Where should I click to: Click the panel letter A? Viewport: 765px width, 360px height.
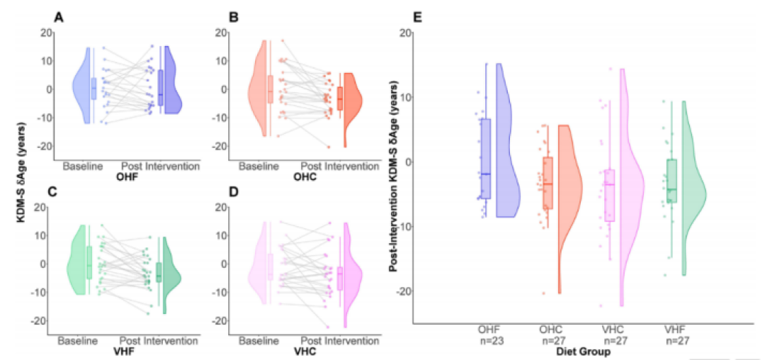coord(59,18)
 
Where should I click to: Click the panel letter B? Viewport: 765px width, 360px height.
coord(234,18)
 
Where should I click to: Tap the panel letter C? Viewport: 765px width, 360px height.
coord(59,192)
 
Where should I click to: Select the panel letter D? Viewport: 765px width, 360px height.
coord(234,192)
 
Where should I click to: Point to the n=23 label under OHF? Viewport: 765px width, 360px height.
coord(489,340)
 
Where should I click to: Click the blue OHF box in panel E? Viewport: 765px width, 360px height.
coord(485,159)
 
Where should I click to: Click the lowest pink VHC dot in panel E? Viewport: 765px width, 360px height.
coord(601,306)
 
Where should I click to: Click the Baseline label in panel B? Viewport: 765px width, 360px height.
coord(259,167)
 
